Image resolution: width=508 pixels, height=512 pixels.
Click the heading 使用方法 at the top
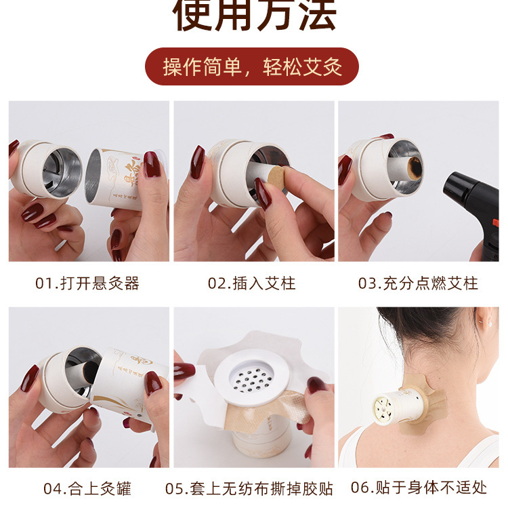(254, 16)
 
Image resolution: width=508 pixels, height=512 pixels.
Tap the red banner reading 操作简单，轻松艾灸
(252, 66)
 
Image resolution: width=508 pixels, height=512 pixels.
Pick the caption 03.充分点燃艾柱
(418, 283)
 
